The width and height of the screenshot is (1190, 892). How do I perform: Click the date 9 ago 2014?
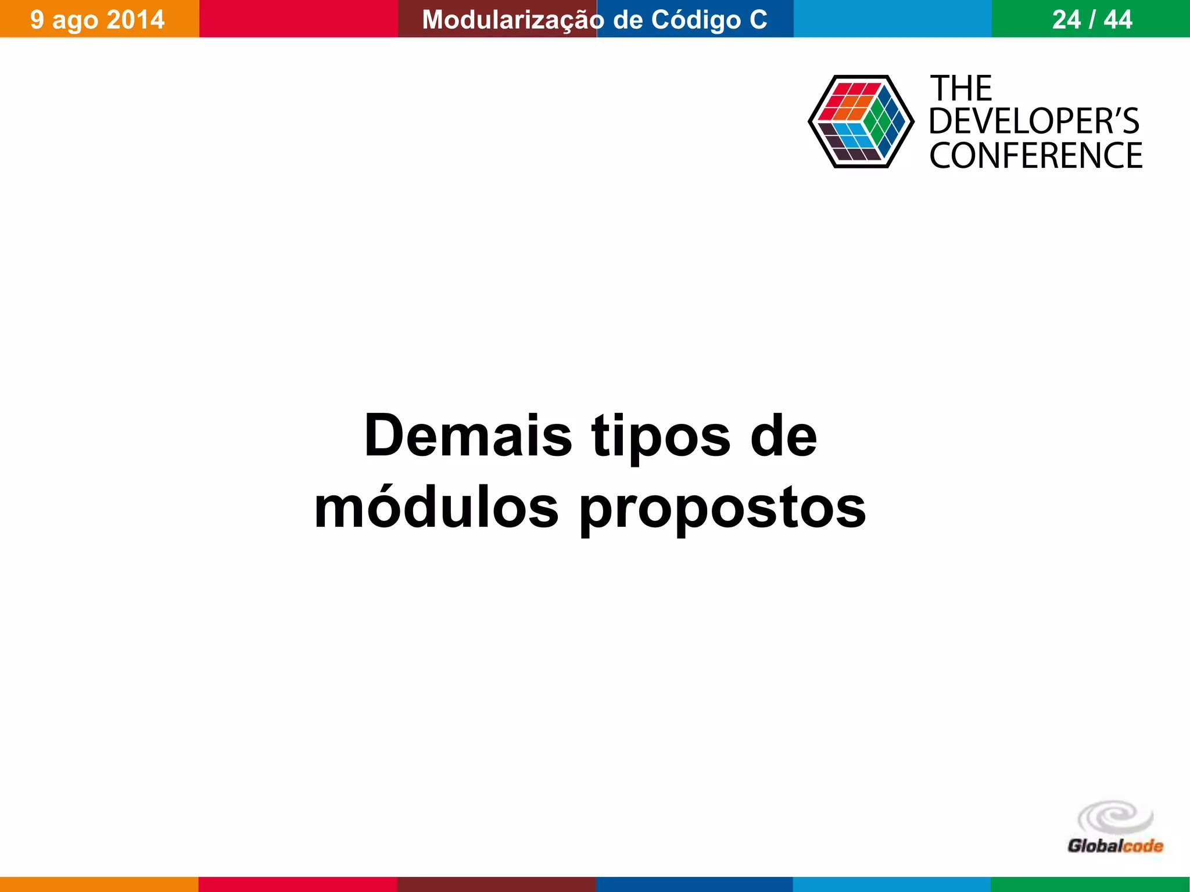pos(98,20)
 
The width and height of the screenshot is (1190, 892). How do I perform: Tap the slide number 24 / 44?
pos(1092,20)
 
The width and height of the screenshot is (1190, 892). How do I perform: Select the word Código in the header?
pos(696,20)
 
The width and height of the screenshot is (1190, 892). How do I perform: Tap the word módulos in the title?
pos(436,508)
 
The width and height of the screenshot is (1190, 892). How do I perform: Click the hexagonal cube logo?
pos(861,121)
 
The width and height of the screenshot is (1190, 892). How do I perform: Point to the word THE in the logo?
pos(962,88)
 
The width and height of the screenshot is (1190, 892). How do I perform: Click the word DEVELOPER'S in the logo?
pos(1034,122)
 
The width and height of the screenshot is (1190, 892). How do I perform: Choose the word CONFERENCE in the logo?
pos(1035,156)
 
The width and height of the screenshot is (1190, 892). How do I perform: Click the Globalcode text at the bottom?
pos(1115,846)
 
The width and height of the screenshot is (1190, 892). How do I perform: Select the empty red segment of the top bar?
pos(298,19)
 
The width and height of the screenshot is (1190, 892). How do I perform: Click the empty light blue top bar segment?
pos(892,19)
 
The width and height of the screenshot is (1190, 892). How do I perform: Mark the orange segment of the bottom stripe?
pos(99,884)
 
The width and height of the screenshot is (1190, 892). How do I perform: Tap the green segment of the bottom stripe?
pos(1090,884)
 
